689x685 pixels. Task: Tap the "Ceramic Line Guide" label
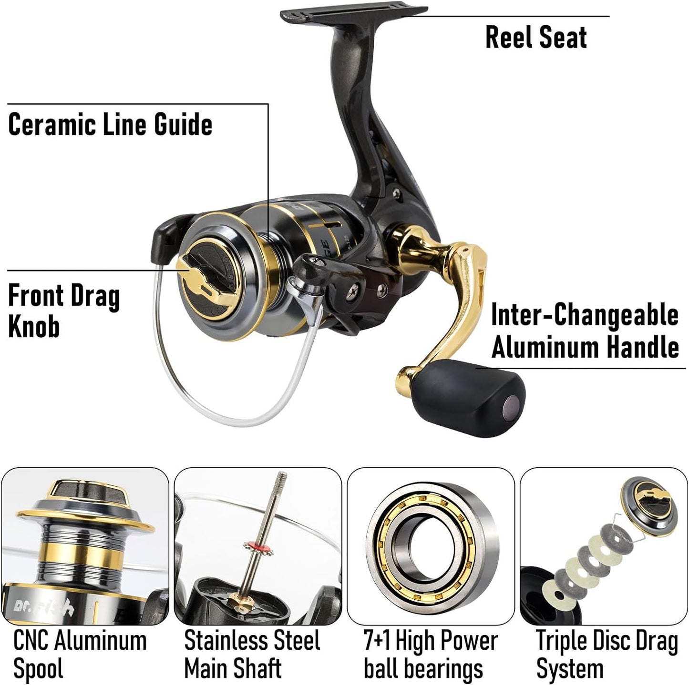point(110,125)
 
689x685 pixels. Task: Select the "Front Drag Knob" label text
point(63,311)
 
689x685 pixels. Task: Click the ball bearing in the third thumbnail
point(431,544)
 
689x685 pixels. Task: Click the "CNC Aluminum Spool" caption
point(80,654)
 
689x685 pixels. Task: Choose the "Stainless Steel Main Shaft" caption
point(252,654)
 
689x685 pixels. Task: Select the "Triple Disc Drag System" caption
point(607,654)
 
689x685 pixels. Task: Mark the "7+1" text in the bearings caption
point(377,641)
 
